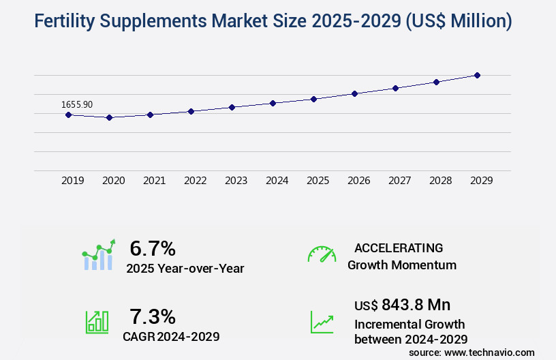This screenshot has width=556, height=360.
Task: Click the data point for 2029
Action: [477, 75]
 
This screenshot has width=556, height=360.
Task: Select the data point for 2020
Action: [109, 117]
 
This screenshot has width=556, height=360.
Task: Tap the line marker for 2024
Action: [273, 103]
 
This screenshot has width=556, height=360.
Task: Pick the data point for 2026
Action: [354, 93]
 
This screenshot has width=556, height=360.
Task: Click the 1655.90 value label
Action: [77, 104]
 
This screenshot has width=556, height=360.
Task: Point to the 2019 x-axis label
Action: [73, 181]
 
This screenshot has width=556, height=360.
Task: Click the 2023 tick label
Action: [236, 181]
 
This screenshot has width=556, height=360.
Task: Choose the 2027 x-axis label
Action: [400, 181]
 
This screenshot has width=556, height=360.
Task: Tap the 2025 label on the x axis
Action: [318, 181]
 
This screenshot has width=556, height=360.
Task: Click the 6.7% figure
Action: [153, 248]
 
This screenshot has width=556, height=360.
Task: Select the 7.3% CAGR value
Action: [153, 316]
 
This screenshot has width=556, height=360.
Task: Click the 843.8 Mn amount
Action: [416, 304]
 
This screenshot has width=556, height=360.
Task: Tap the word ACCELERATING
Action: [399, 248]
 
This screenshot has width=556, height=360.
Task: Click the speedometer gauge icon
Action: [322, 254]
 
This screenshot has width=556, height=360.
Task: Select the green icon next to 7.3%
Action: [97, 322]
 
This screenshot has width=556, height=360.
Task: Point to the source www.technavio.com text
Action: [472, 352]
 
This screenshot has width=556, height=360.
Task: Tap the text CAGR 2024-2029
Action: [171, 336]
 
